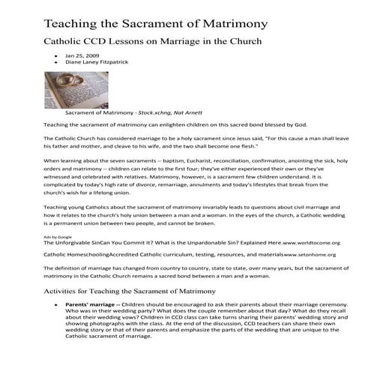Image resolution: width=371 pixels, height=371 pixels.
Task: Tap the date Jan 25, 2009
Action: tap(79, 55)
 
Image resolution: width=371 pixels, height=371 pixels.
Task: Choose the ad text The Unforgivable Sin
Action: tap(78, 244)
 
